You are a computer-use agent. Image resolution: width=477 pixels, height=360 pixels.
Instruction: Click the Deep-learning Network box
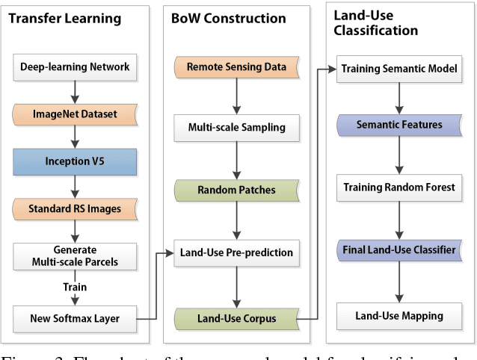point(74,67)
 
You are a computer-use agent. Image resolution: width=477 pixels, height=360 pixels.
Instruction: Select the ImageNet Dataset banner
point(74,114)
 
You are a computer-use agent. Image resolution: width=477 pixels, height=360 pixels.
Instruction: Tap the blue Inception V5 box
point(74,161)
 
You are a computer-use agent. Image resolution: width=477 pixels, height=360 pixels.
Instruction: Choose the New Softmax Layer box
point(74,319)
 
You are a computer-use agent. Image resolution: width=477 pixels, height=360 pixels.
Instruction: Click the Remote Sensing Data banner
point(236,67)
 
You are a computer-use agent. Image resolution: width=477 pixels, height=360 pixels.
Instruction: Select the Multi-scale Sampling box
point(236,127)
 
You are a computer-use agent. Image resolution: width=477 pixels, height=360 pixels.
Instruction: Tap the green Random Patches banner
point(236,190)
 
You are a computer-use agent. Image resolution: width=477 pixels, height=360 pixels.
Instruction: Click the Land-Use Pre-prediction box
point(236,253)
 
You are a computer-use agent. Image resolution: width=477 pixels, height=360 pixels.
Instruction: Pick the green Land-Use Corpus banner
point(236,319)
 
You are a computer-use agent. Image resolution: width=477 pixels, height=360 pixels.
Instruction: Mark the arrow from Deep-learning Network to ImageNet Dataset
point(74,90)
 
